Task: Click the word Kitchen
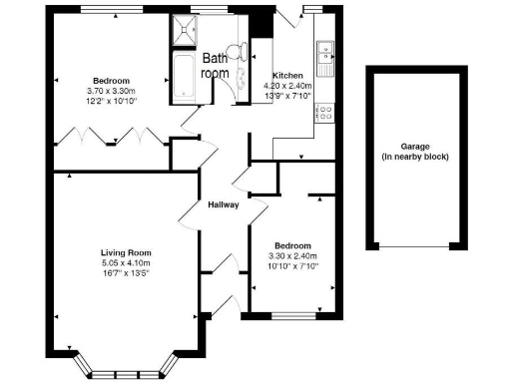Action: pos(289,75)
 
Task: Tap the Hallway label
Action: pos(223,206)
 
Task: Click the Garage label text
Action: pos(416,147)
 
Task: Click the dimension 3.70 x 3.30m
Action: pos(111,91)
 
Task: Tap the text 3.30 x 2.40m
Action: pos(293,256)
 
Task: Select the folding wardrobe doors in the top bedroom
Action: pos(109,136)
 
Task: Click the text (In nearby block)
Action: pos(416,158)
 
